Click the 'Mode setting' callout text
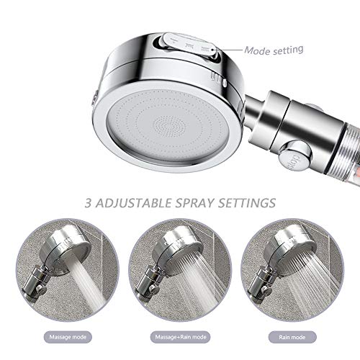click(274, 50)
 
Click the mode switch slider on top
click(188, 46)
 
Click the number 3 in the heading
click(89, 203)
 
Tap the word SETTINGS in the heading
click(247, 203)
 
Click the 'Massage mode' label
click(68, 337)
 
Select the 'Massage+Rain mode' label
click(181, 337)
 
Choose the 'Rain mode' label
click(292, 337)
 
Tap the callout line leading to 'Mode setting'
click(228, 50)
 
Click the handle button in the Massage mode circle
click(41, 291)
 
